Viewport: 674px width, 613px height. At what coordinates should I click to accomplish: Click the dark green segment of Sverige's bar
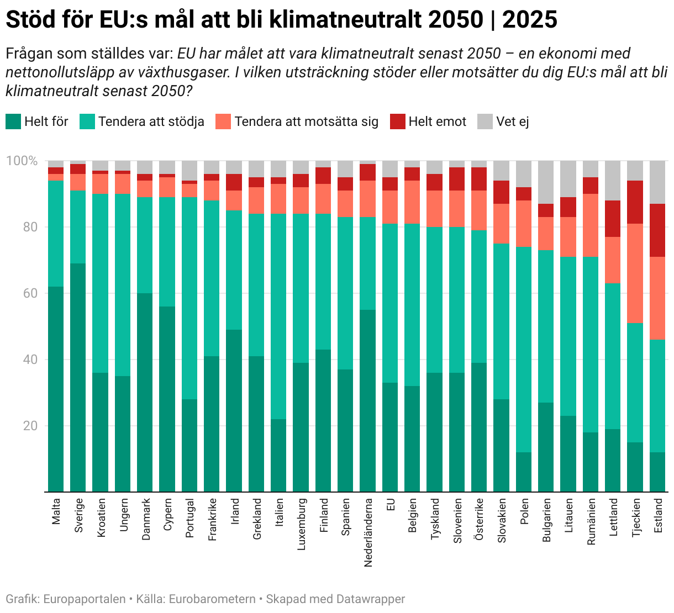(x=78, y=377)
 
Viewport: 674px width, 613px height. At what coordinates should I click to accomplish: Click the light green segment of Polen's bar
(x=524, y=350)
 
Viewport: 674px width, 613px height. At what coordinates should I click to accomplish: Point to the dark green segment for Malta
(x=56, y=389)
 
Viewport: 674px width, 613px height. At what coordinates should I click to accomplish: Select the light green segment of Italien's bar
(x=278, y=316)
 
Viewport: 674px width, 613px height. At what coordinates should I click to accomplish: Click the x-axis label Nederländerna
(x=368, y=533)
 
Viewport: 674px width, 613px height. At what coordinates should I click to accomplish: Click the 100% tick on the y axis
(x=22, y=161)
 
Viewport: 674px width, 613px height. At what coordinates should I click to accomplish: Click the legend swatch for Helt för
(x=13, y=121)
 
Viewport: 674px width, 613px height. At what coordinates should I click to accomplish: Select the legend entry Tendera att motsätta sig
(x=306, y=121)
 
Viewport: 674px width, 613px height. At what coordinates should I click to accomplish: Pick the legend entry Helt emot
(x=437, y=121)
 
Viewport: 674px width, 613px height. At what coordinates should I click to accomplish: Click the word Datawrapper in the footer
(x=370, y=599)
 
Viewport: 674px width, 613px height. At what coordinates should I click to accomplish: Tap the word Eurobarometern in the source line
(x=212, y=599)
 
